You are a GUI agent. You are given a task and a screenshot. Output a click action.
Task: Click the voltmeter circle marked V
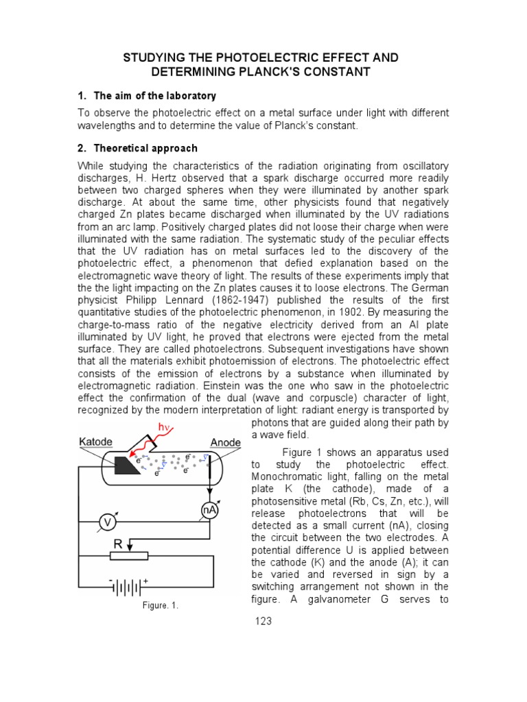click(x=107, y=522)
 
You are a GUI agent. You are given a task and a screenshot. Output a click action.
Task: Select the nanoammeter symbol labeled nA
click(x=209, y=509)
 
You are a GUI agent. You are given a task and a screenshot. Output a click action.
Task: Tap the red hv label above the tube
click(x=165, y=428)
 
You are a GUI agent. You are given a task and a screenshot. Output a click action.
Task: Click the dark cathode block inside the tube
click(x=128, y=465)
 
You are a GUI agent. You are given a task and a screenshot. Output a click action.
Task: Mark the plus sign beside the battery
click(x=145, y=581)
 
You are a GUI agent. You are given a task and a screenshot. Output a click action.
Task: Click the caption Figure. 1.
click(x=160, y=605)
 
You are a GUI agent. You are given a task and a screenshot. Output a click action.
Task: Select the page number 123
click(x=263, y=621)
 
